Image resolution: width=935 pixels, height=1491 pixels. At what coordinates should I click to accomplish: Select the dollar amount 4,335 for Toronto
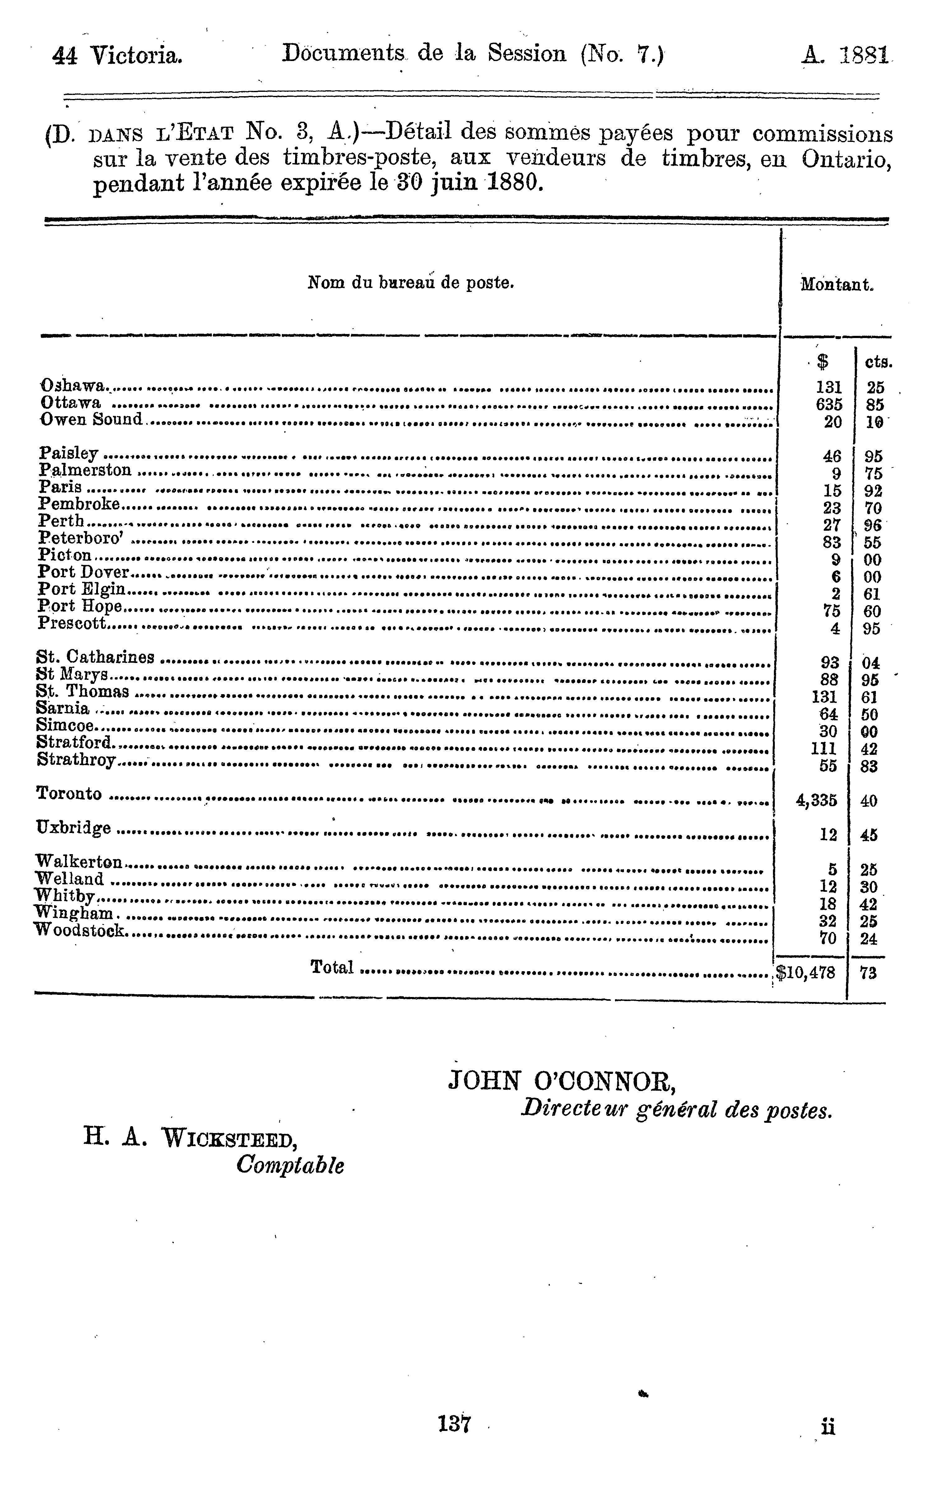click(816, 801)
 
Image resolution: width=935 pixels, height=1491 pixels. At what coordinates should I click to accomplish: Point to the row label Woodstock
click(80, 930)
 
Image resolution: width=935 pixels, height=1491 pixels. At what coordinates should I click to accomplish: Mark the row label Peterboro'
click(81, 538)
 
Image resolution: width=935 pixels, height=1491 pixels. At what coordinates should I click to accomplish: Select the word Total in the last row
click(332, 967)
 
